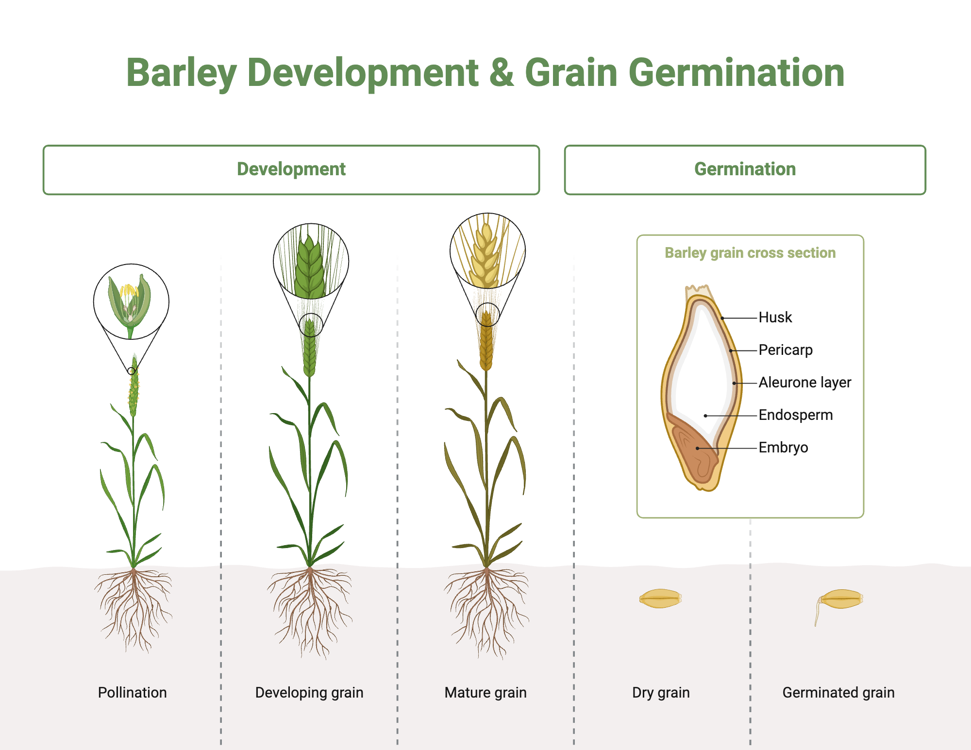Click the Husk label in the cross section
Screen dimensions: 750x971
pos(775,317)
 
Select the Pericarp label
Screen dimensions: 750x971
pos(785,350)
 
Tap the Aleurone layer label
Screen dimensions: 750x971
pos(804,383)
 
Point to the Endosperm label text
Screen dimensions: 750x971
pos(795,415)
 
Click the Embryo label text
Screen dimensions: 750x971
pos(783,448)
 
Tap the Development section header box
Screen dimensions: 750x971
pos(291,170)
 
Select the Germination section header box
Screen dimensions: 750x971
pos(745,170)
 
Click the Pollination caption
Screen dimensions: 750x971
pos(132,692)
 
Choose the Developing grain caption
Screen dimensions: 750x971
pos(309,692)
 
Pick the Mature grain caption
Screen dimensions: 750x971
pos(485,692)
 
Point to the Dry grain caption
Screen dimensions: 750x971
pos(661,692)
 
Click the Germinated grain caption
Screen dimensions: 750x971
pos(838,692)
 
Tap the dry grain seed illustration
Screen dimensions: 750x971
pos(660,599)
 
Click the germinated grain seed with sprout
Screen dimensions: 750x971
pos(840,600)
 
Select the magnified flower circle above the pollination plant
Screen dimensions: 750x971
pos(131,301)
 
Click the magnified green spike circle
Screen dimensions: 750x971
pos(311,261)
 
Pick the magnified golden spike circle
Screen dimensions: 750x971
pos(487,250)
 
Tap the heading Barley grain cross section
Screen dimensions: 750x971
pos(750,253)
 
